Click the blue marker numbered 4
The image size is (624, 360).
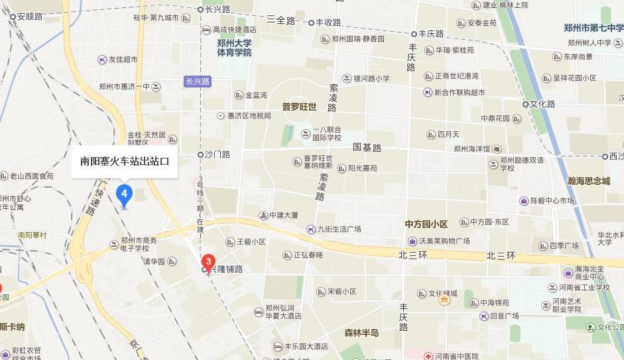[x=124, y=195]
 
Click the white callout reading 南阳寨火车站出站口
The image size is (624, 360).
[x=125, y=161]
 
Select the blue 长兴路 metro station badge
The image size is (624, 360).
[x=198, y=82]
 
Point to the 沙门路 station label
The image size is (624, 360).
[x=217, y=154]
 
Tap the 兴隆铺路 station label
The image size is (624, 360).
[x=226, y=270]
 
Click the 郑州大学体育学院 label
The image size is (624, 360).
[x=234, y=47]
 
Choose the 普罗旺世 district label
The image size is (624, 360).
[x=299, y=106]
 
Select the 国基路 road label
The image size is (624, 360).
[x=367, y=147]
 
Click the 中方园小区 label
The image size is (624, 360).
[x=426, y=223]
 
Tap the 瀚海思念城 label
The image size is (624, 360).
[x=588, y=180]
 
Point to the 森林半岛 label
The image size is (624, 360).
[x=361, y=332]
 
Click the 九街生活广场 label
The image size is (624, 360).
[x=338, y=229]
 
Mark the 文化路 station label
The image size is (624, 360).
[x=542, y=104]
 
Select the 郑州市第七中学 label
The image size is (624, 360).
[x=593, y=28]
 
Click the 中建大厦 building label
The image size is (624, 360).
[x=283, y=215]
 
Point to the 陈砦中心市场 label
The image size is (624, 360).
[x=552, y=200]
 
